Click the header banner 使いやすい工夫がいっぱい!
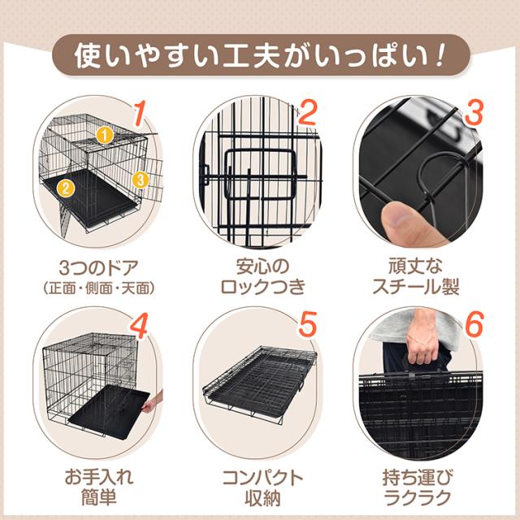[261, 55]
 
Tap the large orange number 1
[140, 114]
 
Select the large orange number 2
[308, 112]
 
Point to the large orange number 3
[473, 113]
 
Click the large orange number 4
[139, 326]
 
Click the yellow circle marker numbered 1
[105, 136]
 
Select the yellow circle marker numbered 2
[65, 188]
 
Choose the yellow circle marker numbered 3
[140, 180]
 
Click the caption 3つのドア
[98, 267]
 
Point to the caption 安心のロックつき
[262, 276]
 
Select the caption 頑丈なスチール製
[416, 276]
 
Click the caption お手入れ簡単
[98, 487]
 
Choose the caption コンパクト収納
[262, 487]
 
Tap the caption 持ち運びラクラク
[418, 487]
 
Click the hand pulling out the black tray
[152, 402]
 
